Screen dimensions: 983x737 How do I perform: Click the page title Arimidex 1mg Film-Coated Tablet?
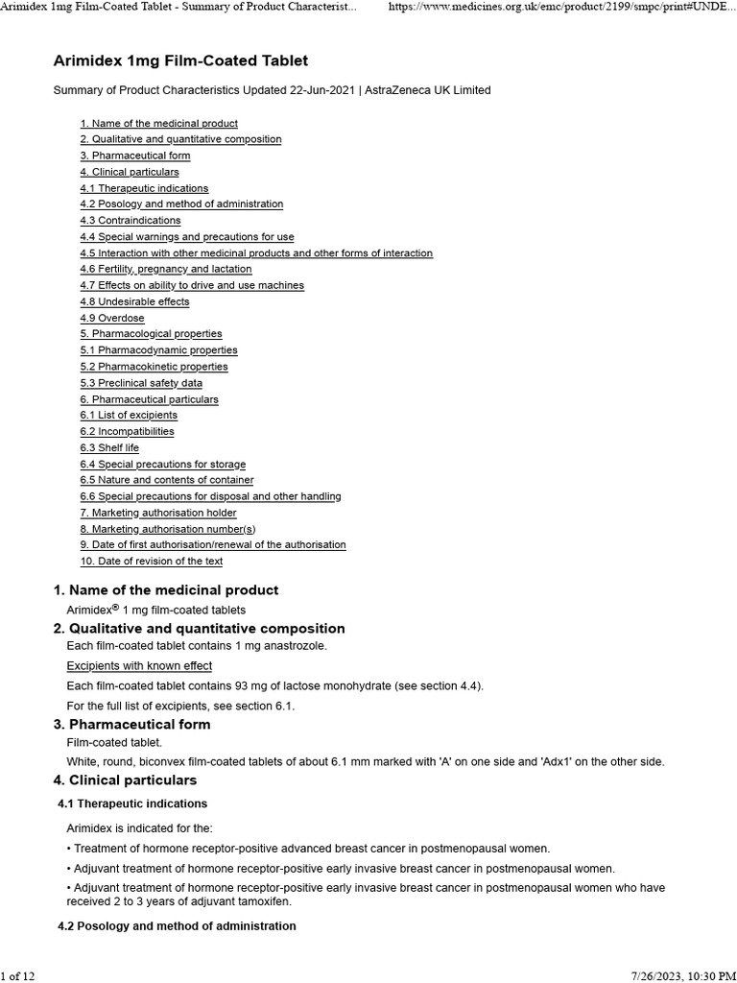click(x=180, y=60)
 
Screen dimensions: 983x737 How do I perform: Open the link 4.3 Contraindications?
click(x=131, y=221)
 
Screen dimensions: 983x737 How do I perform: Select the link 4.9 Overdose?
click(x=112, y=318)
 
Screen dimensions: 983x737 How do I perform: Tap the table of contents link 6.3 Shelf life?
click(x=109, y=447)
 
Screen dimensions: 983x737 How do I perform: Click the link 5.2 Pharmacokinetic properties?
click(x=155, y=367)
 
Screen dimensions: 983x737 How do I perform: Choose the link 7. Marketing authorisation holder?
click(x=158, y=513)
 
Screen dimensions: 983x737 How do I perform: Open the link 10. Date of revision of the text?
click(x=152, y=562)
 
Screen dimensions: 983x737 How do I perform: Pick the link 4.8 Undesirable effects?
click(x=135, y=301)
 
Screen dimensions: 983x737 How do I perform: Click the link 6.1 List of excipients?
click(x=129, y=416)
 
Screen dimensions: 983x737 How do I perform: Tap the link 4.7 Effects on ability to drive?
click(x=192, y=285)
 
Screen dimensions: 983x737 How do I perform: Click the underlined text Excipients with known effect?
click(x=139, y=666)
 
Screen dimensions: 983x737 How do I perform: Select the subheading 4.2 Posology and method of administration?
click(x=177, y=926)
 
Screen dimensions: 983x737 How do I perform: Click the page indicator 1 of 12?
click(x=18, y=975)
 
